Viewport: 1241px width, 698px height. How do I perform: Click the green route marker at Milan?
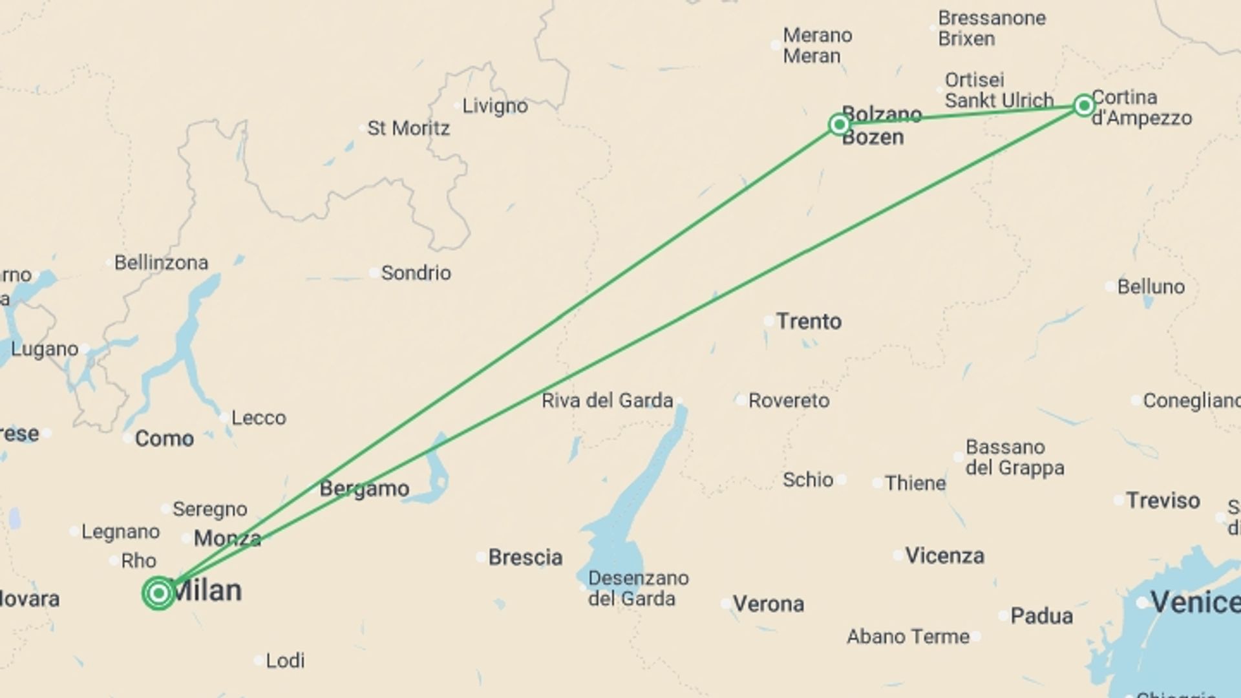tap(158, 593)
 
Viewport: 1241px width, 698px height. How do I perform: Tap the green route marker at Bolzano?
tap(839, 124)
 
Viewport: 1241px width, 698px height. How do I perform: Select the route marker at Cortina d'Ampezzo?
tap(1084, 105)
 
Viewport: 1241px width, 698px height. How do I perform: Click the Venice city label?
tap(1195, 602)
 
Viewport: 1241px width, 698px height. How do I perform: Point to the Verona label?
tap(768, 604)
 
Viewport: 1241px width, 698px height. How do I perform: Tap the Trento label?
tap(809, 321)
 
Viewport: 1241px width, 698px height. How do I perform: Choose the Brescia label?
tap(525, 557)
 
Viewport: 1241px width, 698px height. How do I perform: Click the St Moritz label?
tap(408, 129)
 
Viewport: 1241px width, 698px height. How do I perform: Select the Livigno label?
tap(494, 106)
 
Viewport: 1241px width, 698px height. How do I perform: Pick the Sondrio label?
tap(416, 273)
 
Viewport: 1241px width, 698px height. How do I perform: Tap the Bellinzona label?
tap(161, 263)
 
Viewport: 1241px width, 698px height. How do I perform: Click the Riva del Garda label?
tap(607, 401)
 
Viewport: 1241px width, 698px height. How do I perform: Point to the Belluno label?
tap(1151, 287)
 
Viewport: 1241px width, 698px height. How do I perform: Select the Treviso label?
tap(1163, 500)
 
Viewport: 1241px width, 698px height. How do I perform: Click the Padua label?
tap(1041, 616)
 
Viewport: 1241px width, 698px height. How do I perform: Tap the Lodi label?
tap(285, 661)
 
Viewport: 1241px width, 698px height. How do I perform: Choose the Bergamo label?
tap(364, 489)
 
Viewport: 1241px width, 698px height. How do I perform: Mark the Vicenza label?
tap(944, 556)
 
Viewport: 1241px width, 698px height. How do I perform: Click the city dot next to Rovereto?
tap(741, 400)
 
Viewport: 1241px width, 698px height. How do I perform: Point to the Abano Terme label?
tap(907, 637)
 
